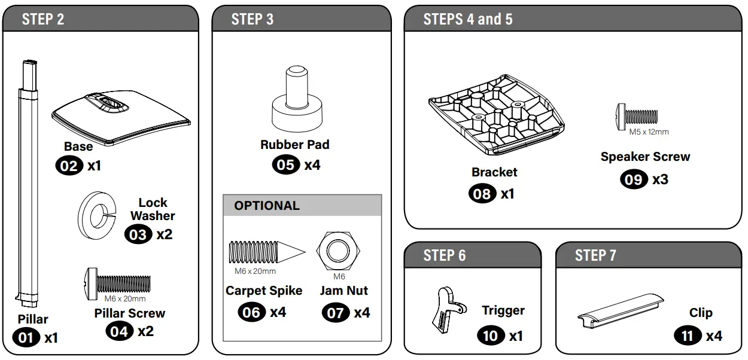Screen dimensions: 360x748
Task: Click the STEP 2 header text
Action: (43, 19)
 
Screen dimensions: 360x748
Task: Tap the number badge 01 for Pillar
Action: (26, 338)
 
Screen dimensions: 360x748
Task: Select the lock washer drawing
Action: (96, 211)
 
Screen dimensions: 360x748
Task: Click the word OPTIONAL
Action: (267, 206)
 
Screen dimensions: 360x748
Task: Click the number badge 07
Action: (336, 312)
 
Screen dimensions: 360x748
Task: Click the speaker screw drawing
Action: (637, 115)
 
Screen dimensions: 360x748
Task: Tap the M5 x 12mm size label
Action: (649, 132)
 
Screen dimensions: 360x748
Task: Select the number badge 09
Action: (633, 179)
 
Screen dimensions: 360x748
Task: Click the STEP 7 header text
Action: (595, 256)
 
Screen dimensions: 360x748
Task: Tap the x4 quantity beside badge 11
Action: (713, 335)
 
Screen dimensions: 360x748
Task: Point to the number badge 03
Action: (138, 234)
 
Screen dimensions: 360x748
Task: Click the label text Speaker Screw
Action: (645, 157)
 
